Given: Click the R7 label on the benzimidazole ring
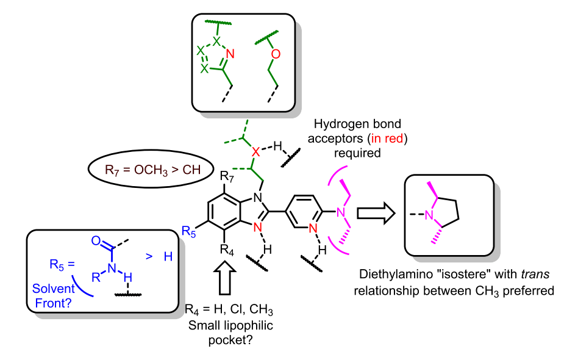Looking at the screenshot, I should click(227, 178).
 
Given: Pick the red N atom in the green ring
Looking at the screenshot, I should click(230, 54).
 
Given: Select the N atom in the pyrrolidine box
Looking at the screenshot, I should click(429, 215).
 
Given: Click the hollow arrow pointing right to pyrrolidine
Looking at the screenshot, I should click(374, 213).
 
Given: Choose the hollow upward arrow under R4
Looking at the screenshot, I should click(224, 278).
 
